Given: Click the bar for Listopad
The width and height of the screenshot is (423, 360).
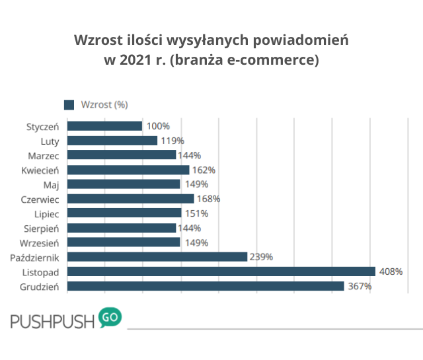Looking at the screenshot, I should pos(221,271).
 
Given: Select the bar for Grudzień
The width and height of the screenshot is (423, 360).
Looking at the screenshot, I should pos(206,286).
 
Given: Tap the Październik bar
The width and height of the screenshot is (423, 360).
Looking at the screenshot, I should pos(157,257).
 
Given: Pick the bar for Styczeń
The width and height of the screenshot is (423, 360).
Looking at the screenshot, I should pos(104,126).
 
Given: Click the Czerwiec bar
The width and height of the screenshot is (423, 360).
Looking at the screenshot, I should pos(130,199).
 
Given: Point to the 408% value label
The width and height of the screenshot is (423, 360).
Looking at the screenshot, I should pos(389,271).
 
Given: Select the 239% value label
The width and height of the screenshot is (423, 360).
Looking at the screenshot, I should pos(260,257).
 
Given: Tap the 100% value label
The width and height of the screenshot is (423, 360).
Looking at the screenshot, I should pos(157,126).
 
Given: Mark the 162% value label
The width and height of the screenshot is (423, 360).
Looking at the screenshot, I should pos(203,170).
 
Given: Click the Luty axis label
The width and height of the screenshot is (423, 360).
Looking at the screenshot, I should pos(50,141).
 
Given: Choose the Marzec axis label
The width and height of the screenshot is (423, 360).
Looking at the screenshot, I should pos(44,155).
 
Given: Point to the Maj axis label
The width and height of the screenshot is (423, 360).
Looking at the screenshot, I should pos(52,184).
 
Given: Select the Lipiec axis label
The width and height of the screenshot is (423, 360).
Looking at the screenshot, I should pos(48,213).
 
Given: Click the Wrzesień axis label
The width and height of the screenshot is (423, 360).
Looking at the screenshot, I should pos(42,242).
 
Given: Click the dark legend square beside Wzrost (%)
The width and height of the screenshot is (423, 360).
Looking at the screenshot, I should pos(69,104).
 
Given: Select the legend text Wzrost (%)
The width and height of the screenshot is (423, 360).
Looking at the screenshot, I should pos(104,104).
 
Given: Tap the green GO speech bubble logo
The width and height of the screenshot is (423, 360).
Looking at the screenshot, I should pos(110,318).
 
